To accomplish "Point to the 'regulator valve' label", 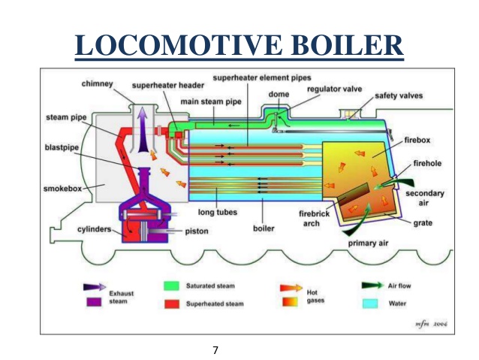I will pos(334,89).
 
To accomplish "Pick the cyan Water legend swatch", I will pos(371,303).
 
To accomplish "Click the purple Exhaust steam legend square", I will pos(94,303).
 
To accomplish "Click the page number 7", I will pos(215,349).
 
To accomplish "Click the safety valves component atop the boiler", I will pos(351,116).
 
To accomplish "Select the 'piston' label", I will pos(196,231).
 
